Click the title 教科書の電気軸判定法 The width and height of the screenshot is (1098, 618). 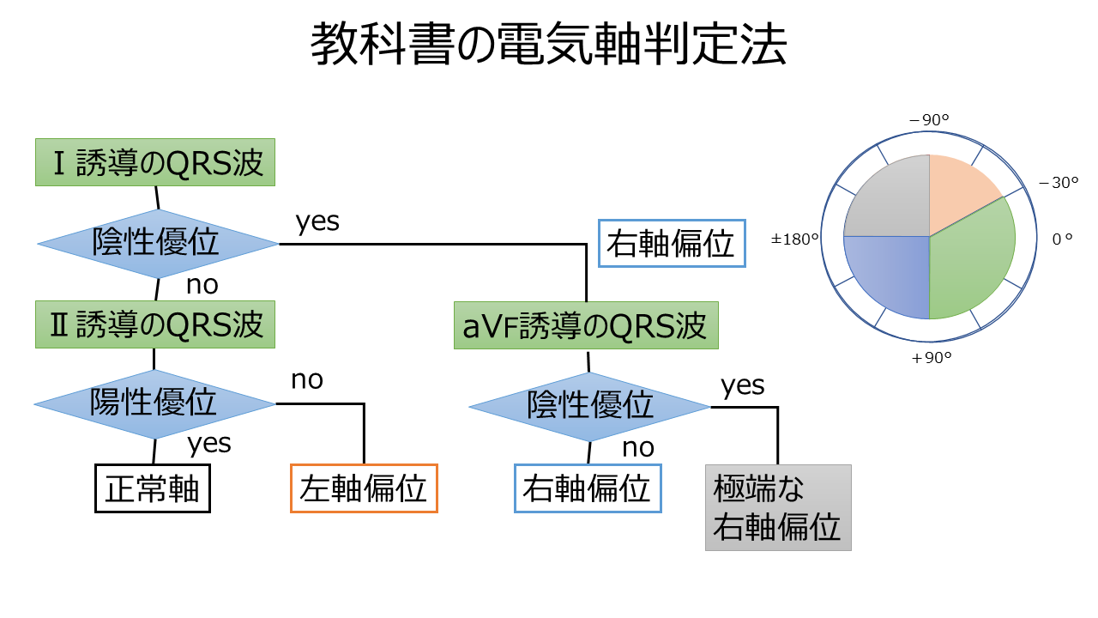[548, 45]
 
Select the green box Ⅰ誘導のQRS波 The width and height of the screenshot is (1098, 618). [155, 162]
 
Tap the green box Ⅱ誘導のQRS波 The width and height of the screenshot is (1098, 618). [155, 324]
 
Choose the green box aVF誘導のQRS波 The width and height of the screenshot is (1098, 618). [586, 326]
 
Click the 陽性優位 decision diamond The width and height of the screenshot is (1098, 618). [154, 403]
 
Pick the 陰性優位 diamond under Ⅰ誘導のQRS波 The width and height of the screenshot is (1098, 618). [157, 244]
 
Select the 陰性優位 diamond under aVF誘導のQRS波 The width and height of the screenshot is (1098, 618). [589, 406]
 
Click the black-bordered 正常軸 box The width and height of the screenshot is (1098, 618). [152, 488]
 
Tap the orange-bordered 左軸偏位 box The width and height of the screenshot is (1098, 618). [364, 488]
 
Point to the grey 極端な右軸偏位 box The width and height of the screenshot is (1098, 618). [778, 507]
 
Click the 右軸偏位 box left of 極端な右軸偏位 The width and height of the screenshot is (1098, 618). [588, 488]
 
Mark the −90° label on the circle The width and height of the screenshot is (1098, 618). [929, 121]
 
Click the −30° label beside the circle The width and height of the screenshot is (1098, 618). [1058, 183]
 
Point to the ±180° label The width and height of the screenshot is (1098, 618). [795, 239]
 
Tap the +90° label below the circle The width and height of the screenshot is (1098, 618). [932, 358]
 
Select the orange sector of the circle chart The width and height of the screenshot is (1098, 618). [956, 189]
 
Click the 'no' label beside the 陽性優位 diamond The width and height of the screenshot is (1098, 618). [306, 379]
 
